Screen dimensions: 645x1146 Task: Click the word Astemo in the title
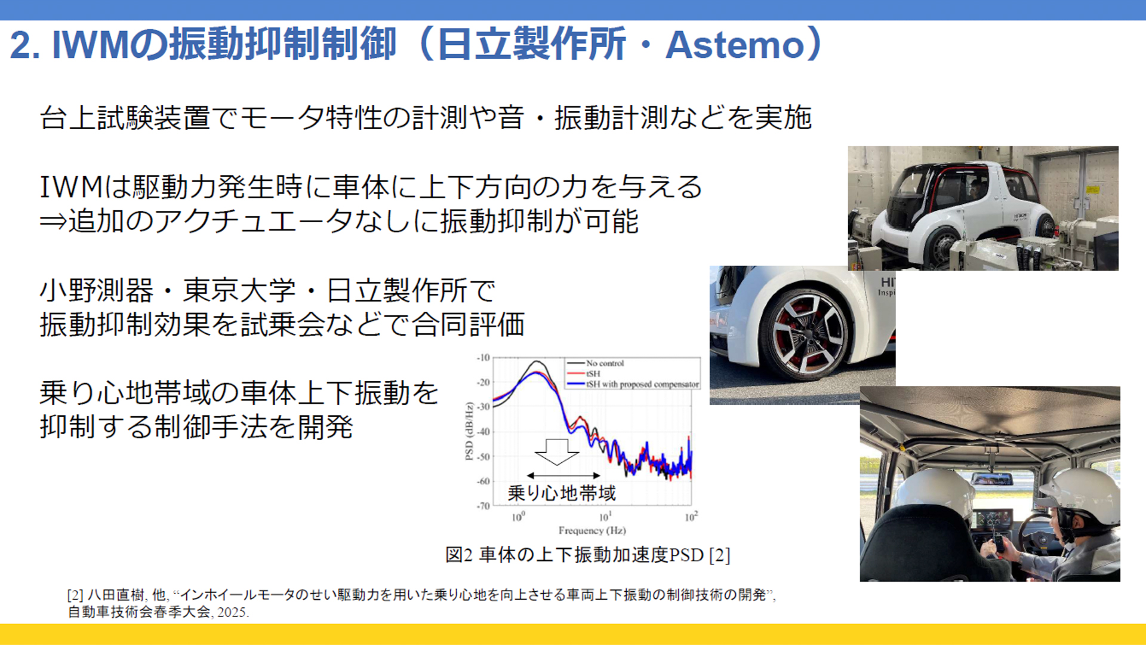(735, 45)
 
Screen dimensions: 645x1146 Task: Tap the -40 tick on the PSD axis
(483, 432)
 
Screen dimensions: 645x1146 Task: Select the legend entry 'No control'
(605, 363)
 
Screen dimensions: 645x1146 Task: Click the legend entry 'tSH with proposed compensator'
(642, 385)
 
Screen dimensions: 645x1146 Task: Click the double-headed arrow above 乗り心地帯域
(563, 476)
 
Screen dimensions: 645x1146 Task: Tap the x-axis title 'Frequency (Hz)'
(592, 530)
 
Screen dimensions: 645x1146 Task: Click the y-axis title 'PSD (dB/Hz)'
(469, 431)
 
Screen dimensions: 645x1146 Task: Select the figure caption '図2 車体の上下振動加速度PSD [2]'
(588, 555)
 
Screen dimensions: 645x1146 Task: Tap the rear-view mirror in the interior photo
(991, 478)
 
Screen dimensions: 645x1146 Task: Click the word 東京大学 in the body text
(239, 291)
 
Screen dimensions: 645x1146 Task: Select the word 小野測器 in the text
(96, 291)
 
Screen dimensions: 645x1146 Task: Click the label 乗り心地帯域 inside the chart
(562, 493)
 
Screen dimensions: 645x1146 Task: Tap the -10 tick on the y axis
(483, 358)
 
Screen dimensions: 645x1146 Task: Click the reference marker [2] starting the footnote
(75, 595)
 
